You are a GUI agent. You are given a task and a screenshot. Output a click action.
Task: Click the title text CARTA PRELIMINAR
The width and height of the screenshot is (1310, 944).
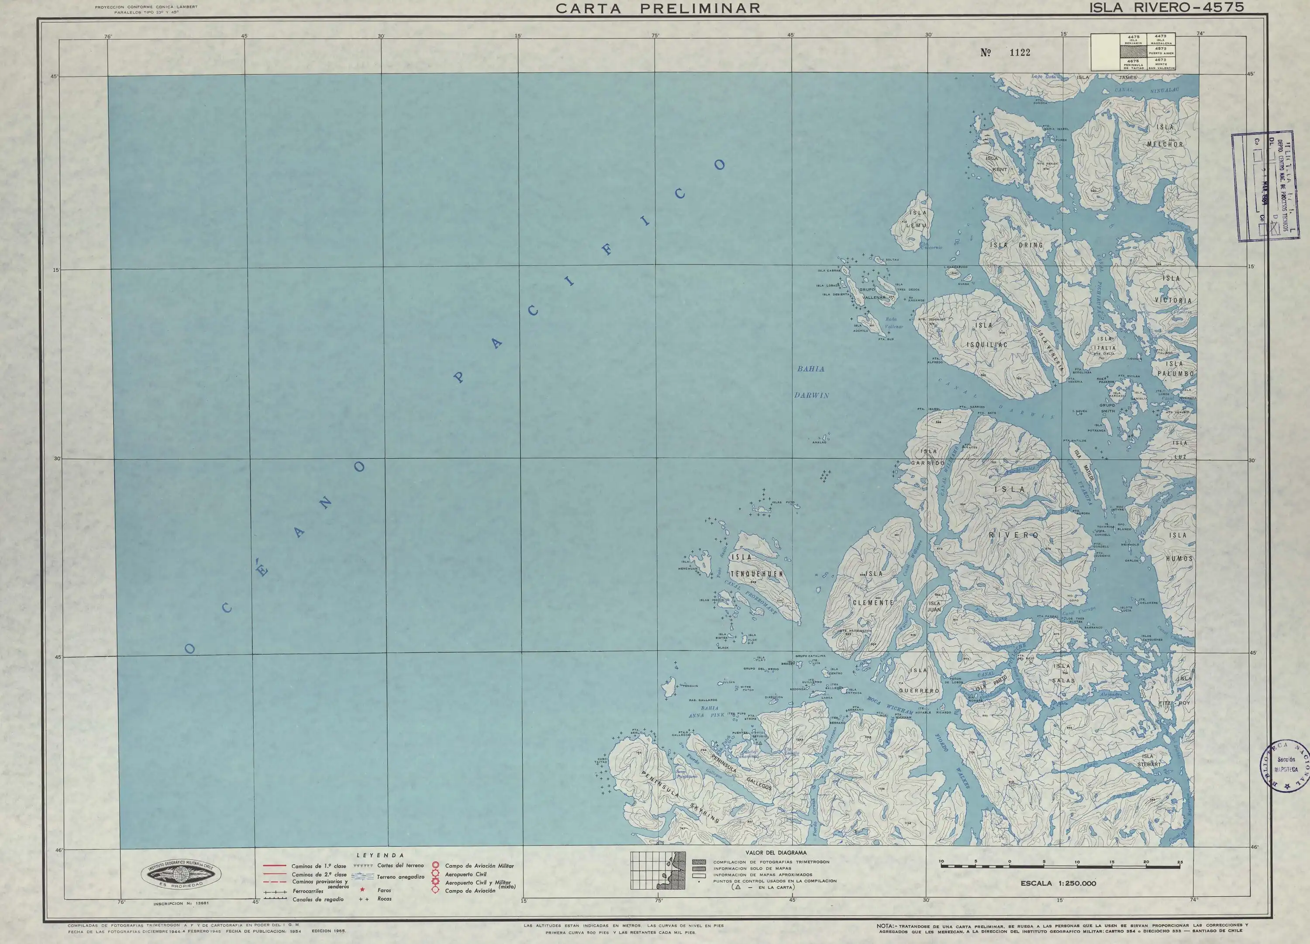(x=658, y=8)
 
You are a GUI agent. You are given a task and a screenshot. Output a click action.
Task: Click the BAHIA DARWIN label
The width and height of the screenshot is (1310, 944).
(x=811, y=382)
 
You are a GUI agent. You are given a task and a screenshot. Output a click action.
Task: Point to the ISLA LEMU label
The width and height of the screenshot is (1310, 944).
(x=917, y=219)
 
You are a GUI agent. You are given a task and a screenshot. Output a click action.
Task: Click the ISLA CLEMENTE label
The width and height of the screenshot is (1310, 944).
(x=873, y=588)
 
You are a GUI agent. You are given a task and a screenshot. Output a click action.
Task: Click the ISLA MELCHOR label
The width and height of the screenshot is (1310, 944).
(x=1165, y=136)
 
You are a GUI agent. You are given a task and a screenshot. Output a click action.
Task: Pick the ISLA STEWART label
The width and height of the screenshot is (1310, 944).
(x=1148, y=760)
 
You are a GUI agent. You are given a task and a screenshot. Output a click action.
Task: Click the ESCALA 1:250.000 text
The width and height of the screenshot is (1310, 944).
(x=1058, y=883)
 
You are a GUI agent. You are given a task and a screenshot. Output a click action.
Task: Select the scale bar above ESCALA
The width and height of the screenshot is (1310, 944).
(x=1060, y=866)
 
